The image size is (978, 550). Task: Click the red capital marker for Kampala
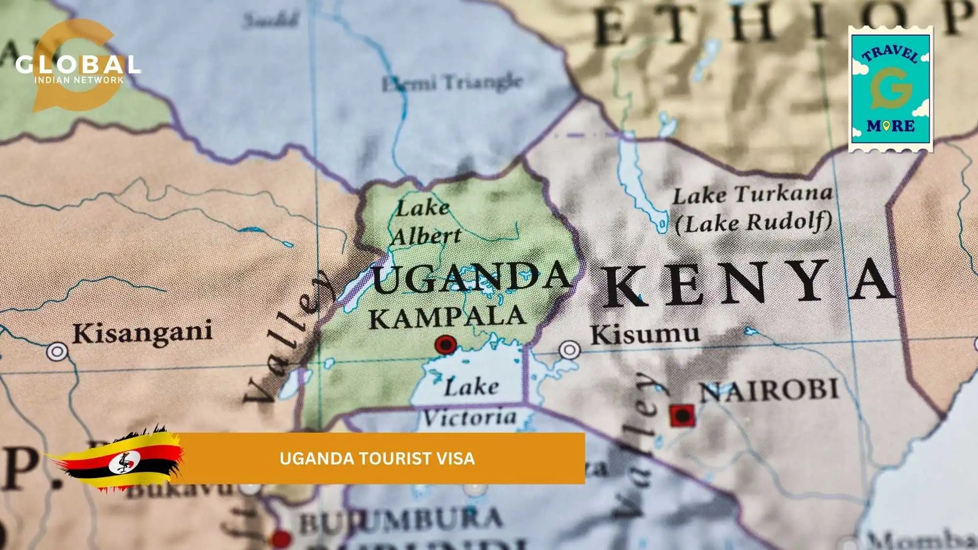[x=445, y=345]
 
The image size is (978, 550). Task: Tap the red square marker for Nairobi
[x=682, y=416]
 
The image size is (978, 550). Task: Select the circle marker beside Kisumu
[x=570, y=350]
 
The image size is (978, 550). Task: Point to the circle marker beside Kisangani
[x=57, y=352]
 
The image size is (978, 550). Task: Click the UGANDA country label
[x=470, y=279]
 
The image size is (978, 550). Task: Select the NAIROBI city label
[x=769, y=391]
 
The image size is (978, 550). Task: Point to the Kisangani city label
[x=142, y=332]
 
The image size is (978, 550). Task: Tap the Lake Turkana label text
[x=752, y=195]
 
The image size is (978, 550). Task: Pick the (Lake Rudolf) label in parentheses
[x=753, y=223]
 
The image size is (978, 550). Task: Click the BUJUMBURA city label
[x=401, y=521]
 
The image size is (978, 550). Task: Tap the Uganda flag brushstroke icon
[x=120, y=460]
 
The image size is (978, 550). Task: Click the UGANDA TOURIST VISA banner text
[x=377, y=459]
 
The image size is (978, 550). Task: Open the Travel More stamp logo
[x=890, y=89]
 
